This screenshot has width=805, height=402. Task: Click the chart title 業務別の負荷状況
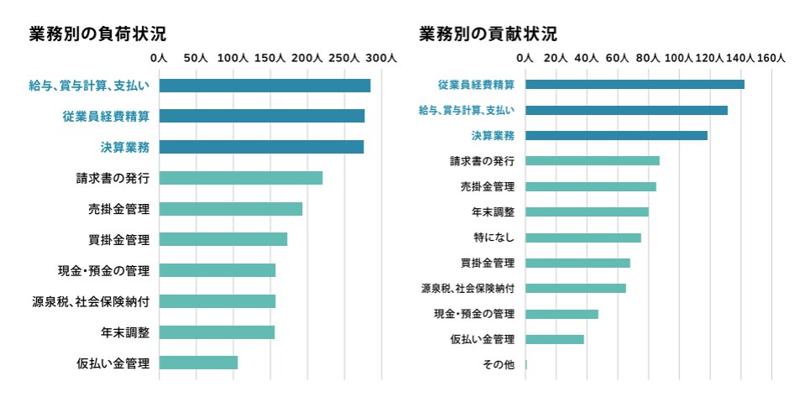click(97, 34)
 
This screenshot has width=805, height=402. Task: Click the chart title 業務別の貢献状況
click(488, 34)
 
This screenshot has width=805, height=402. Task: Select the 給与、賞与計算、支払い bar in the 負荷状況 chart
click(264, 86)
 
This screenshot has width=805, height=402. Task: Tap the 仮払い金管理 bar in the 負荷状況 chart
click(198, 363)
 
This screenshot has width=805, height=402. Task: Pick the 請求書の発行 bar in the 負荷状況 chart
click(241, 178)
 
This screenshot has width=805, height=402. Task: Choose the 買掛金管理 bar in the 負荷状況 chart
click(223, 239)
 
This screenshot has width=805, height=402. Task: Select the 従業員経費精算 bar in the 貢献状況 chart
click(635, 84)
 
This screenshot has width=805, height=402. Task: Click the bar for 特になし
click(583, 238)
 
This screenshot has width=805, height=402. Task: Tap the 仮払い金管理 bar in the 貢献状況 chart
click(555, 339)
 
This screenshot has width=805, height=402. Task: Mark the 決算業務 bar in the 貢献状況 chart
click(616, 135)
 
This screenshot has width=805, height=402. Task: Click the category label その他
click(498, 364)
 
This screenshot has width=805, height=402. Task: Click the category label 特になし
click(494, 238)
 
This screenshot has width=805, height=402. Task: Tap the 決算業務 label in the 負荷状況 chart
click(125, 148)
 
